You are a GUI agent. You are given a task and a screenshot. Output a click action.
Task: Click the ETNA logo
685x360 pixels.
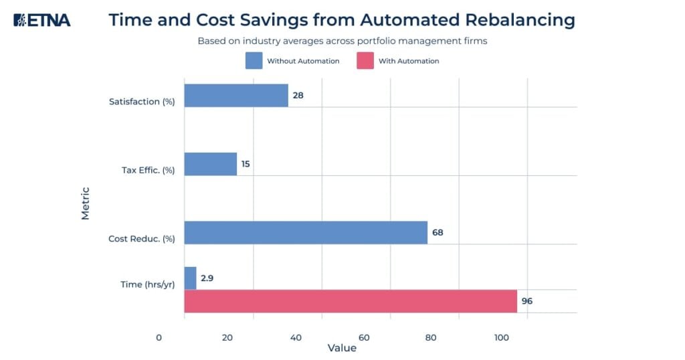coord(41,20)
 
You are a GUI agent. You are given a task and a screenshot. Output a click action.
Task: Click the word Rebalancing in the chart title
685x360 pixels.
coord(514,20)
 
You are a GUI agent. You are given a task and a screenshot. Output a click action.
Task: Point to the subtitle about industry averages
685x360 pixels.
coord(342,41)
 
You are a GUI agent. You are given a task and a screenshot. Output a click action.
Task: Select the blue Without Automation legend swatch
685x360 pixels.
coord(254,61)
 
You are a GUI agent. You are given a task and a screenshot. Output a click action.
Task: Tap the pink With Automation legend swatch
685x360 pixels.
coord(365,61)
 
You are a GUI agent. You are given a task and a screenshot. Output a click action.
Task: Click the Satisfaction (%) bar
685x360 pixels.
coord(236,96)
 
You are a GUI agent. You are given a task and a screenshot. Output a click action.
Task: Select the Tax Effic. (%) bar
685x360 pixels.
coord(210,164)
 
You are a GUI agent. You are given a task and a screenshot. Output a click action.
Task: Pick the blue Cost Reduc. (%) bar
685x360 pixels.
coord(306,232)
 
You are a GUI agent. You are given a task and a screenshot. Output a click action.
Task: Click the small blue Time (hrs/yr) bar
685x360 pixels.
coord(190,278)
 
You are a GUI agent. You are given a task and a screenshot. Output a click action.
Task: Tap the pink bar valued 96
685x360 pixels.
coord(351,301)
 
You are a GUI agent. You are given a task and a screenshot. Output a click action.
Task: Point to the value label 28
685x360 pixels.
coord(298,96)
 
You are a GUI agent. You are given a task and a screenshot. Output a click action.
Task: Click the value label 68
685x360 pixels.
coord(437,233)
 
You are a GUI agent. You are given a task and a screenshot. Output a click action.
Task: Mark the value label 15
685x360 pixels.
coord(246,164)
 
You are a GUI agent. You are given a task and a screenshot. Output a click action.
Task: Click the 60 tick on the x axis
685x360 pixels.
coord(365,338)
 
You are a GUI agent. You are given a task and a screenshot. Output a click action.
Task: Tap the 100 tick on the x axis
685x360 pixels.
coord(501,338)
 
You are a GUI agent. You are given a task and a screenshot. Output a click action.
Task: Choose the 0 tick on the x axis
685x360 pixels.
coord(159,338)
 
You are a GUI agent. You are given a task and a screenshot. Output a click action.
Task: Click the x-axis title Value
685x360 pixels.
coord(342,349)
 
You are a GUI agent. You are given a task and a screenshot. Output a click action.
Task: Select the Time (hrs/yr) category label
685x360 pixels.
coord(148,284)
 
